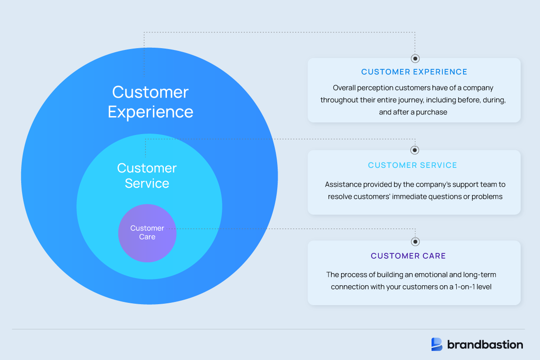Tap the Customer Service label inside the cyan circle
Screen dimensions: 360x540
click(x=147, y=175)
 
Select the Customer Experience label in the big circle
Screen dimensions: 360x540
click(x=150, y=102)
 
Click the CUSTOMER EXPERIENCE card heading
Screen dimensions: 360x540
click(x=414, y=72)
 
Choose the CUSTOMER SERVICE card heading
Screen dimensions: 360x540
click(x=412, y=165)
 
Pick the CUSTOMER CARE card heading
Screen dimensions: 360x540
click(x=408, y=256)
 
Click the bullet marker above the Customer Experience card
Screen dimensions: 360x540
click(x=415, y=58)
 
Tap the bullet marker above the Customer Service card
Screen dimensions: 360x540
click(x=415, y=150)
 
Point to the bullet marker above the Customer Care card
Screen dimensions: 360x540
click(x=415, y=241)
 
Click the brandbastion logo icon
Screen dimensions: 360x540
click(x=437, y=344)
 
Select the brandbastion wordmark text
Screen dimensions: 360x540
click(x=485, y=345)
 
